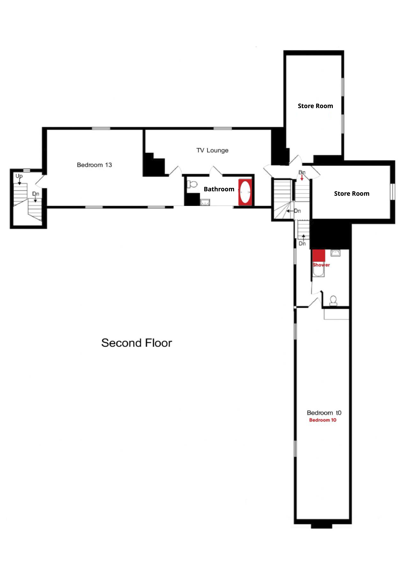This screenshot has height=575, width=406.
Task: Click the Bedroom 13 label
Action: pos(94,165)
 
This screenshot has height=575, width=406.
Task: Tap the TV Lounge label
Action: pos(212,150)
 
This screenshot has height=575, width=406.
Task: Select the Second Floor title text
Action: pos(137,343)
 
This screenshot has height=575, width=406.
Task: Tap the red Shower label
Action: pos(321,265)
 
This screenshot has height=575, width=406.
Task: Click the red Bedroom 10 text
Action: pos(323,420)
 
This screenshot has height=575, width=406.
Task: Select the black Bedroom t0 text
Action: pos(324,413)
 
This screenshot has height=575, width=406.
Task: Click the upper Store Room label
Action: pos(315,106)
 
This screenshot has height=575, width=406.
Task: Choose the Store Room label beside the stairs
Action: pos(352,194)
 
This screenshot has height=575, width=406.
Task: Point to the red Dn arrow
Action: pos(302,178)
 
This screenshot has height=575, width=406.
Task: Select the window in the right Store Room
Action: pos(393,192)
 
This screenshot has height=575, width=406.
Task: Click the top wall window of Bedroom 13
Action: pos(101,128)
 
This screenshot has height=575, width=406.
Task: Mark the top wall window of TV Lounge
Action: pos(223,128)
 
